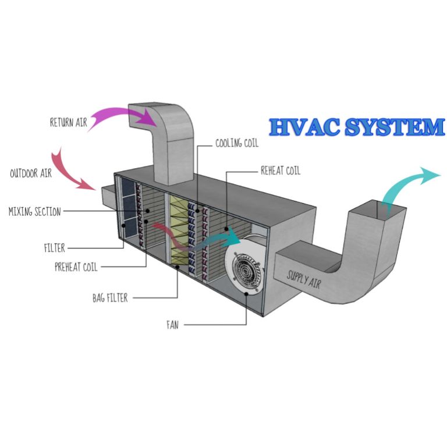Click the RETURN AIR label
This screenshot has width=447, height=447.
[68, 123]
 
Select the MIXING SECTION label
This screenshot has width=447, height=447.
[34, 212]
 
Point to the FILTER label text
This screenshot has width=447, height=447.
[54, 248]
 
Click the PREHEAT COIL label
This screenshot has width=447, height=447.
[76, 268]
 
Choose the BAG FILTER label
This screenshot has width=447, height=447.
[109, 298]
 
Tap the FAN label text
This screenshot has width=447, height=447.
[172, 325]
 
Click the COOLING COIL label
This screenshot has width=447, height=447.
[236, 143]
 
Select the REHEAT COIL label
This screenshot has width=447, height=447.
[280, 171]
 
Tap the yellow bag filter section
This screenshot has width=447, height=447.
[182, 233]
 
